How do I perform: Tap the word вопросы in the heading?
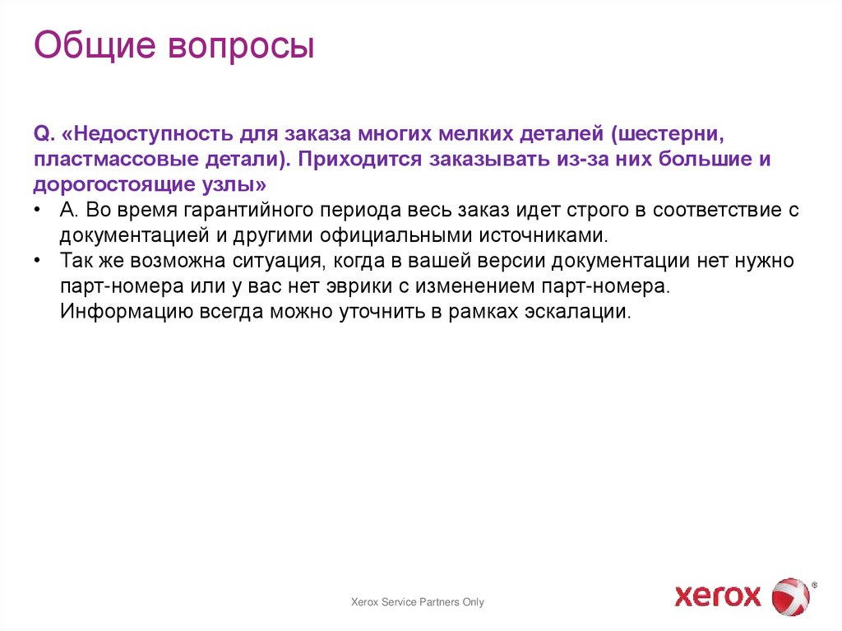click(243, 48)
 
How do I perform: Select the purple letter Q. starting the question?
click(44, 133)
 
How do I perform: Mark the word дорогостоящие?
click(113, 184)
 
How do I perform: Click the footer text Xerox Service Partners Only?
click(418, 602)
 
